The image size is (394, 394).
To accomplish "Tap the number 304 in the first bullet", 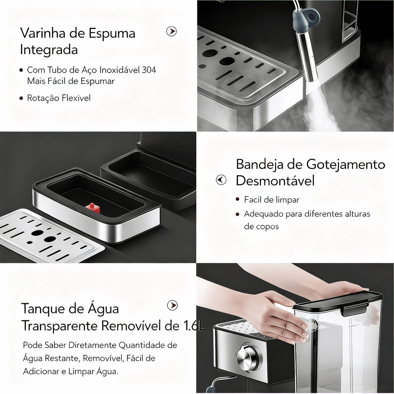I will (148, 70).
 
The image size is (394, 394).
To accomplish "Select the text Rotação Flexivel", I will (59, 98).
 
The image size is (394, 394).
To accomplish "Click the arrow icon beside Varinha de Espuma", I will (171, 31).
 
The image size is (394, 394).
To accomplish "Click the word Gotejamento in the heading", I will (345, 165).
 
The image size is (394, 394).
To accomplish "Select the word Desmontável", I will (275, 181).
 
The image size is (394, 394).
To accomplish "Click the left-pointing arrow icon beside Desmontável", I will (221, 180).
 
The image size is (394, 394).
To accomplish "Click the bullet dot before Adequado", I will (237, 215).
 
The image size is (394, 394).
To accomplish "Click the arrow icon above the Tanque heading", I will (172, 305).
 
